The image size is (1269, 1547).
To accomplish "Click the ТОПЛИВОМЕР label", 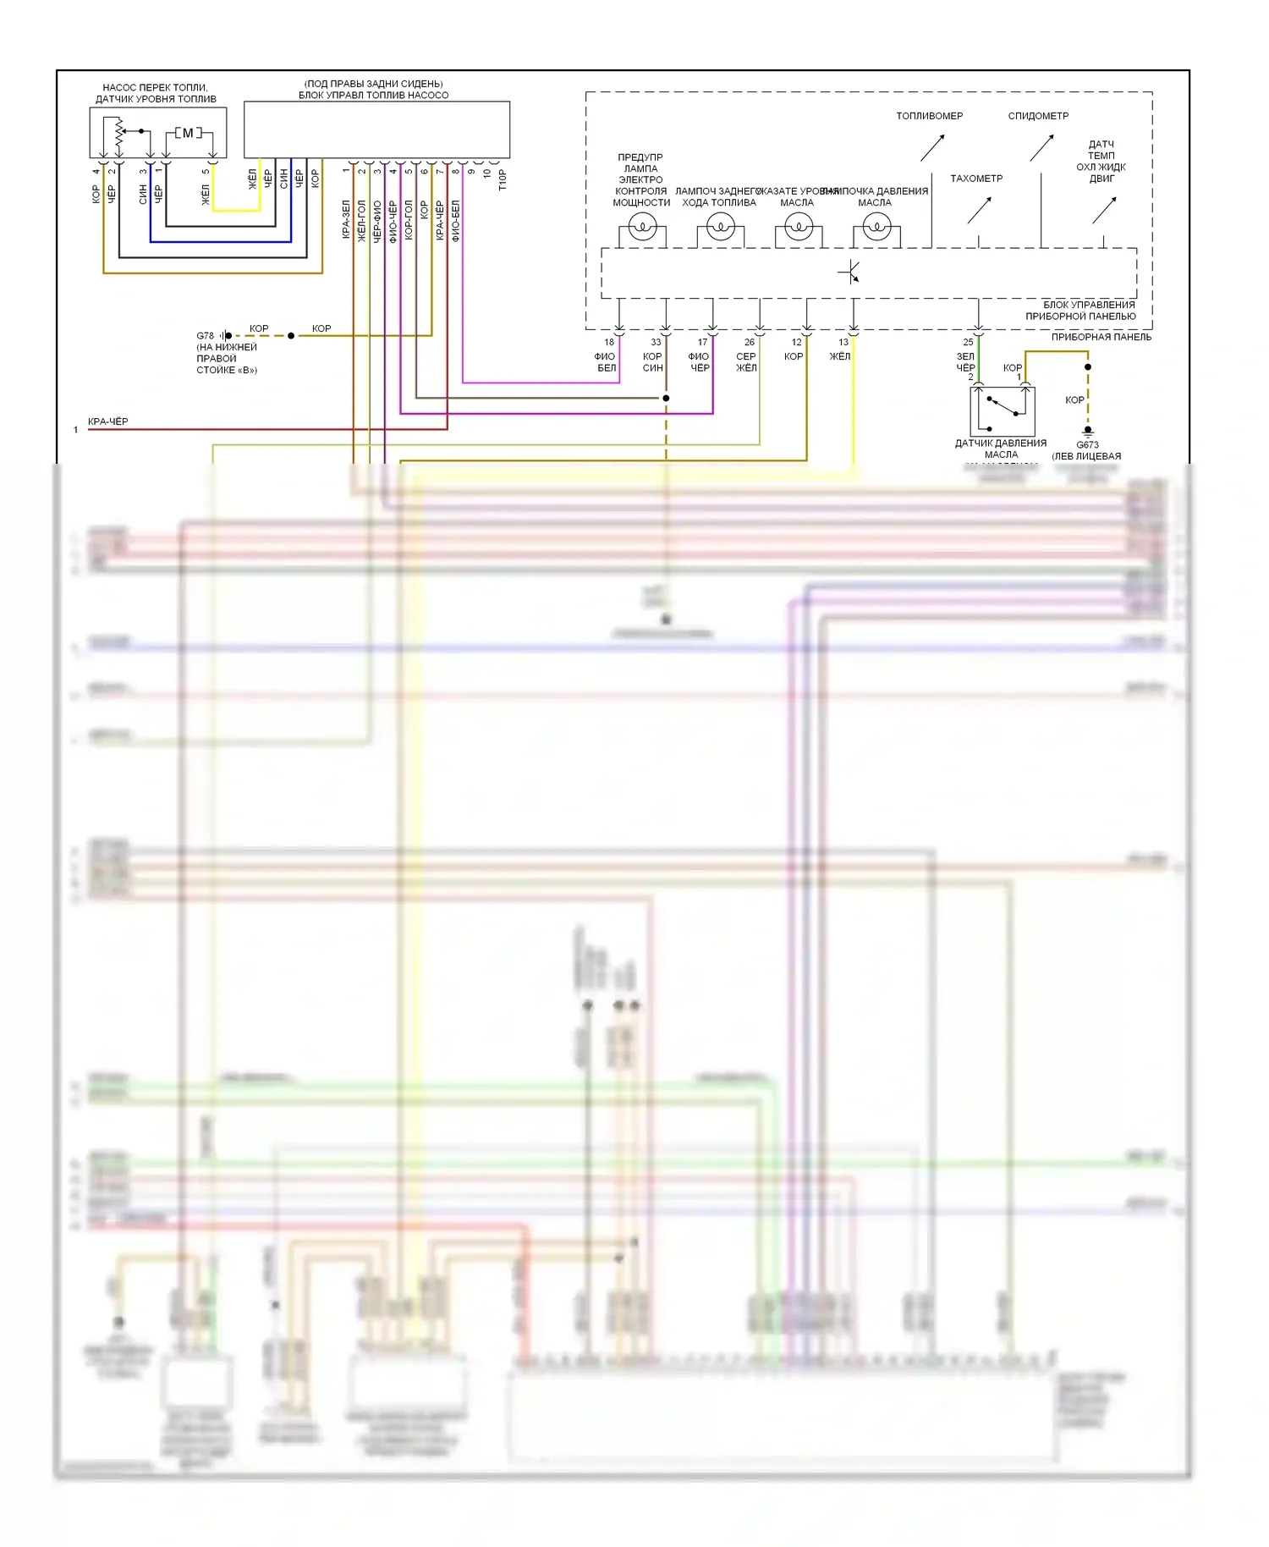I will (929, 116).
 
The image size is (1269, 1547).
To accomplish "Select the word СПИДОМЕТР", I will (1038, 116).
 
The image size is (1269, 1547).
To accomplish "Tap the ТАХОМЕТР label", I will (976, 179).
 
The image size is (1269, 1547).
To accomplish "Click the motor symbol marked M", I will (188, 133).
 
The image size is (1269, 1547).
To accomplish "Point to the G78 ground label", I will (205, 336).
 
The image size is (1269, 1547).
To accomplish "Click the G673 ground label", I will (1087, 445).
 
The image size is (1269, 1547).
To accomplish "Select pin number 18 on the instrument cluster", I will (609, 343).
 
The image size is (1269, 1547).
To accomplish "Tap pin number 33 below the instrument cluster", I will (656, 343).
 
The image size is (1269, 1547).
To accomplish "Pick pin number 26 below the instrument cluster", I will (749, 343).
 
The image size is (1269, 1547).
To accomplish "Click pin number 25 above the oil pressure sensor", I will (968, 343).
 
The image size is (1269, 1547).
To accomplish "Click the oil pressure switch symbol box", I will (1002, 411).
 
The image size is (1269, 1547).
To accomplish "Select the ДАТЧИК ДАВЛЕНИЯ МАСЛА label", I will (1001, 449).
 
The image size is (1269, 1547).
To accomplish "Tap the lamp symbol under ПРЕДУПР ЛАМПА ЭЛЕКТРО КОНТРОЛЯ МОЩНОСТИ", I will (642, 227).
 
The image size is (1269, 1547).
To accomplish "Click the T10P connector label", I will (503, 179).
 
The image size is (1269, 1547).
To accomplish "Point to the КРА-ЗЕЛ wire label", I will (346, 220).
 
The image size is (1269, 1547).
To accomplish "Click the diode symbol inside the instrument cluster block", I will (849, 273).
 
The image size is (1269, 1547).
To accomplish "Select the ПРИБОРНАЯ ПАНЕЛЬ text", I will (1101, 337).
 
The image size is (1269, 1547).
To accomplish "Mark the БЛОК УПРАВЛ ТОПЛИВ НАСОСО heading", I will (373, 95).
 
